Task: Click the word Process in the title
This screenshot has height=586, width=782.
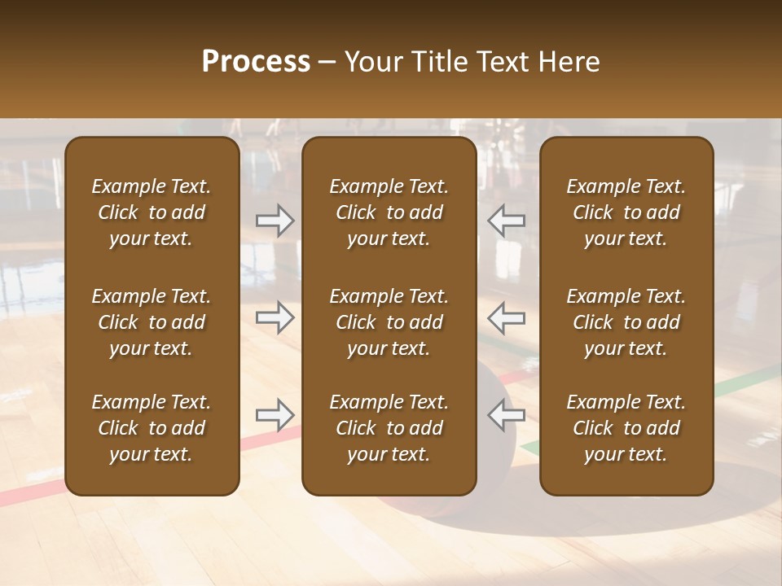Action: [256, 62]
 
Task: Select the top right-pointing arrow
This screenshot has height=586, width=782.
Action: [275, 221]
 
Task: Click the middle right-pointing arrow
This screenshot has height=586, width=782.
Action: [275, 317]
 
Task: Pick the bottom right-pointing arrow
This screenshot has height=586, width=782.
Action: [275, 415]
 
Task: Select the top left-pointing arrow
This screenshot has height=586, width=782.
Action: [506, 221]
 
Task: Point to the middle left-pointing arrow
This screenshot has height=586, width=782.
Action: [506, 317]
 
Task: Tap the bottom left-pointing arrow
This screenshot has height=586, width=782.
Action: [506, 415]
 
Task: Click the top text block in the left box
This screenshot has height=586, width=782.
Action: [152, 212]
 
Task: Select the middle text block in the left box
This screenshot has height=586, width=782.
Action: [152, 322]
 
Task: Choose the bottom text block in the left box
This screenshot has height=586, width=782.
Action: [152, 428]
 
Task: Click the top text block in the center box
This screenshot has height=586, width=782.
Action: [389, 212]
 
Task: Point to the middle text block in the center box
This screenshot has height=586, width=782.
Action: [389, 322]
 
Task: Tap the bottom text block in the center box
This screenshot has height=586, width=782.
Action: [389, 428]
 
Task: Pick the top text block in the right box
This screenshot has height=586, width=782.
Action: [626, 212]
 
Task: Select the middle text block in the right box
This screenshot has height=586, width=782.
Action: [626, 322]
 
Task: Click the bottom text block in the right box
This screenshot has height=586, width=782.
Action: [626, 428]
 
